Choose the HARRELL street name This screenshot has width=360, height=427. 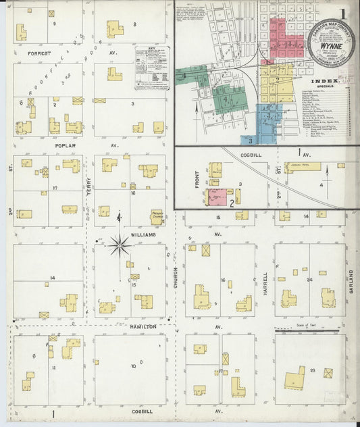(x=265, y=284)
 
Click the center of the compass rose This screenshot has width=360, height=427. (x=120, y=245)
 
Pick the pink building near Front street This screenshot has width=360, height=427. (x=217, y=197)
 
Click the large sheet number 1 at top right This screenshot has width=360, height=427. (x=344, y=14)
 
